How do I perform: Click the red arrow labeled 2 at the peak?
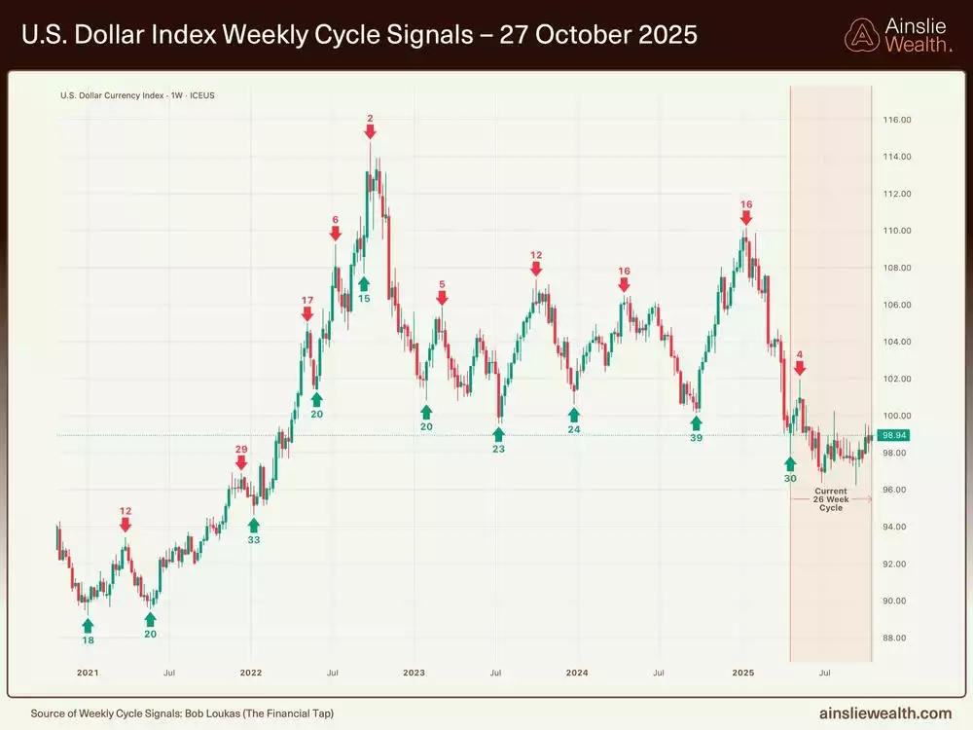[x=370, y=131]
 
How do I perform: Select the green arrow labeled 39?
[x=696, y=422]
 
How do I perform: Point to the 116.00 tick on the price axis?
[x=896, y=120]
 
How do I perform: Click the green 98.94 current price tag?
[x=894, y=435]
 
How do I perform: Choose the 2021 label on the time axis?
[x=88, y=673]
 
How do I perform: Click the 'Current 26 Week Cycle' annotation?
[x=831, y=499]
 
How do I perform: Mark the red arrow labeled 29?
[x=241, y=462]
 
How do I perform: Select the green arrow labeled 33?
[x=254, y=526]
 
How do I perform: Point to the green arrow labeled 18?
[x=88, y=625]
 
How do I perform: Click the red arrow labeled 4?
[x=800, y=368]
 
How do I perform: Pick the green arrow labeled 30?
[x=790, y=464]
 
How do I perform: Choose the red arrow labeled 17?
[x=307, y=313]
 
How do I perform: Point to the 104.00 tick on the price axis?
[x=896, y=342]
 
